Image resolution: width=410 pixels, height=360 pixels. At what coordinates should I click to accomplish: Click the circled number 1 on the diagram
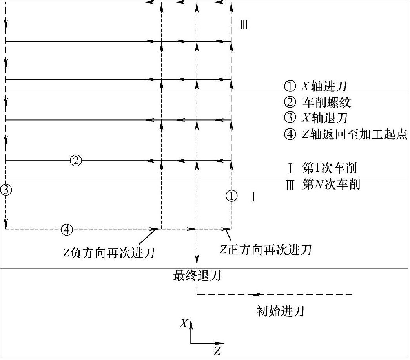tap(231, 196)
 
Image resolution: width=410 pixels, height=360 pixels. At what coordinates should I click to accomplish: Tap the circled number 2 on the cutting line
tap(76, 160)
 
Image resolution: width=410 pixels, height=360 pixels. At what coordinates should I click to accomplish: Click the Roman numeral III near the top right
tap(244, 26)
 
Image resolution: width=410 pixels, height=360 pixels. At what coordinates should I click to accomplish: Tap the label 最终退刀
tap(197, 276)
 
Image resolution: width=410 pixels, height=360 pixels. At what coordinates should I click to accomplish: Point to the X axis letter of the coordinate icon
tap(183, 323)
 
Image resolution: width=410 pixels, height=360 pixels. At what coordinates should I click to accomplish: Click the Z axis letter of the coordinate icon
tap(217, 350)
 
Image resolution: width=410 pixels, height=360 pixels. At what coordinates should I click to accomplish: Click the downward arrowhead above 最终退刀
tap(196, 260)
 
